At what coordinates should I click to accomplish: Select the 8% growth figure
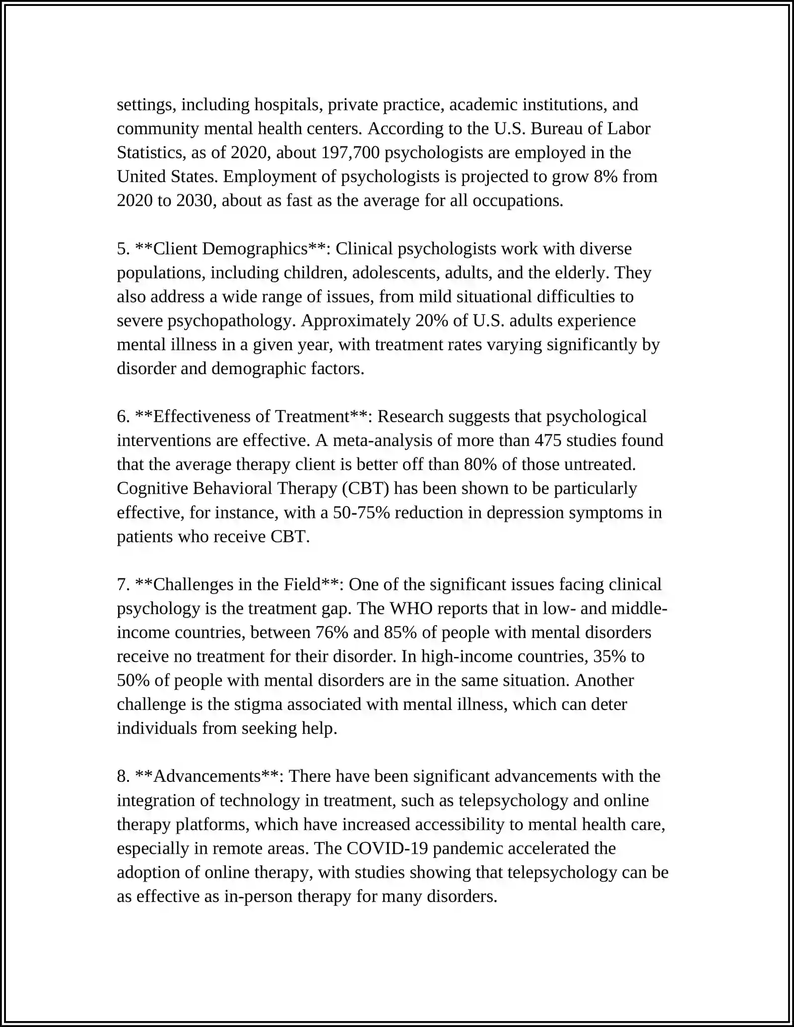click(x=605, y=176)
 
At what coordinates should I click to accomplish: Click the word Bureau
click(x=556, y=128)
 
